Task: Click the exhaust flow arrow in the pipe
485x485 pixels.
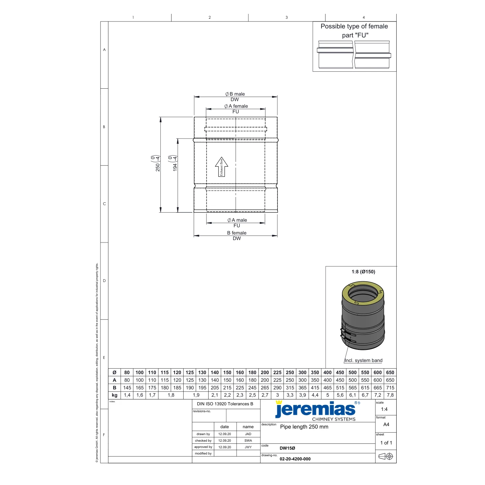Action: click(221, 167)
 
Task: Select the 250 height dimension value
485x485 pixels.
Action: click(158, 167)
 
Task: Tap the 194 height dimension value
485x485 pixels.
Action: click(175, 167)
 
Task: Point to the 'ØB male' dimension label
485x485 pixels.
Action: click(235, 94)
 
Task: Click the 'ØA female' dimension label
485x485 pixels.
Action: click(236, 106)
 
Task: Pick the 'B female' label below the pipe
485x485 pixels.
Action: click(237, 233)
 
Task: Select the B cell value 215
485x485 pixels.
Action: click(227, 388)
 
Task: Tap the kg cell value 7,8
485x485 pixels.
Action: click(390, 395)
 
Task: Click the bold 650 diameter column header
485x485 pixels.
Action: click(390, 372)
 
